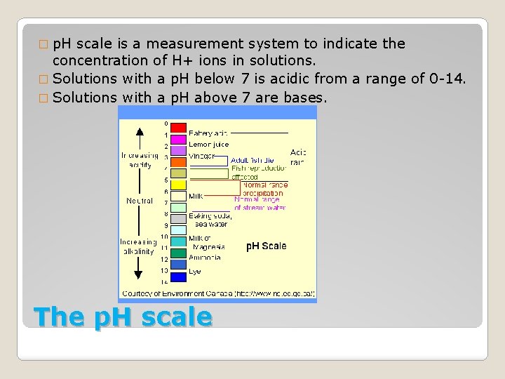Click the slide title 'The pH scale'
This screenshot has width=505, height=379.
pos(122,317)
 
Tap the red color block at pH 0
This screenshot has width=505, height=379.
pos(179,128)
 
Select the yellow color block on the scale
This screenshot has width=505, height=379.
pos(179,185)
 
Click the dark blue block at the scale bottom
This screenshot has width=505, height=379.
pos(179,276)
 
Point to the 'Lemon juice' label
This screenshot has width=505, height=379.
pos(208,144)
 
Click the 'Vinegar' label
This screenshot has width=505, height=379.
pos(202,155)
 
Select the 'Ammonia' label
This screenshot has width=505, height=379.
pos(204,257)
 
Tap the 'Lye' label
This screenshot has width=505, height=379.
pos(195,271)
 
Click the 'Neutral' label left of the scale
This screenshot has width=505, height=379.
pos(140,201)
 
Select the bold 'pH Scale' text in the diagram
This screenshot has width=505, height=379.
pos(266,246)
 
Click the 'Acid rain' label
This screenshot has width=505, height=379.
pos(298,157)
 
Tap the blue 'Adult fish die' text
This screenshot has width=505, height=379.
pos(252,160)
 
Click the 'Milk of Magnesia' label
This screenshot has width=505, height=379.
pos(207,243)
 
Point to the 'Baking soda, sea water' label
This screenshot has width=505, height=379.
pos(210,220)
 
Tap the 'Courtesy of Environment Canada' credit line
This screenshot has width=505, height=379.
pos(218,293)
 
